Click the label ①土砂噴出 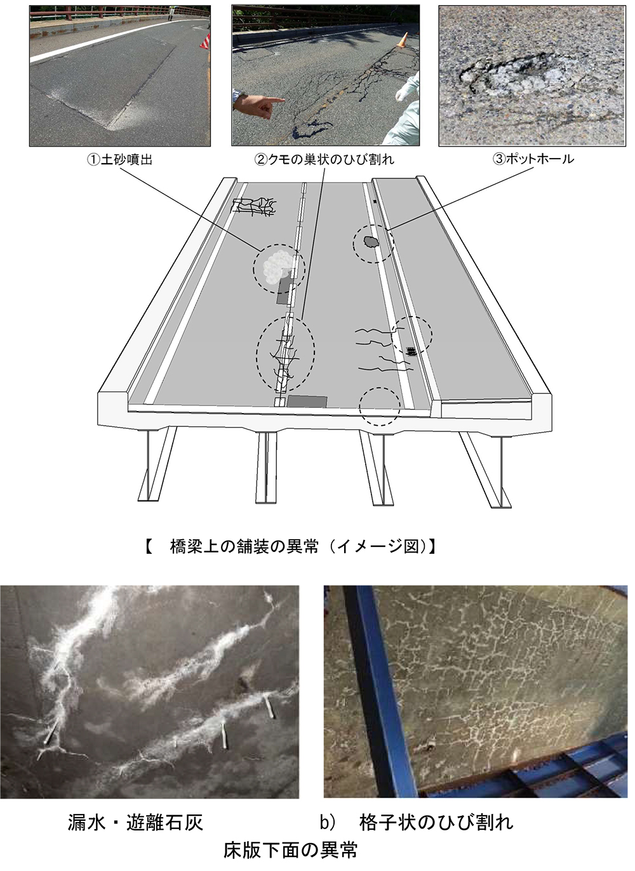pos(119,160)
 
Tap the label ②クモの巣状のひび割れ pos(324,159)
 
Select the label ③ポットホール pos(533,159)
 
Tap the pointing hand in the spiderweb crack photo pos(258,104)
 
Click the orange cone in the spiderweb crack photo pos(403,40)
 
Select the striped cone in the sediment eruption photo pos(205,41)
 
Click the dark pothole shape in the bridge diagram pos(371,242)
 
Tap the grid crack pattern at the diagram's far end pos(254,206)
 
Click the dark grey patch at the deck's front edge pos(307,402)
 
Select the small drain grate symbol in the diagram pos(411,351)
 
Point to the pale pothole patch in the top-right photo pos(522,79)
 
